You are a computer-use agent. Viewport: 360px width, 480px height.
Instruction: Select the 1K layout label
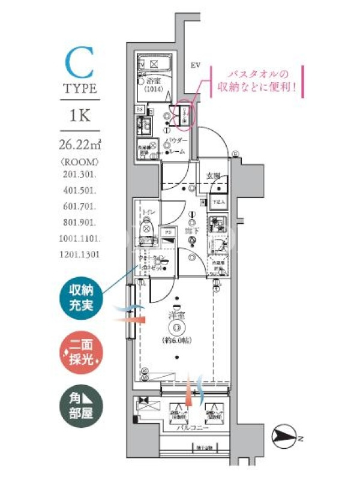(x=79, y=115)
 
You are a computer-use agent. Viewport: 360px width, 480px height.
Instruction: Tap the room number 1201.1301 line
(x=80, y=254)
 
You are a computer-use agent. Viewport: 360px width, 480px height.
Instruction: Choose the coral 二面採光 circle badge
(x=80, y=352)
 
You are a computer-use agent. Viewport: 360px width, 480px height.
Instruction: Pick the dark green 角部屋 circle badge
(x=80, y=404)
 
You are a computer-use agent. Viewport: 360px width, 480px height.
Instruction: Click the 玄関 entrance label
(x=214, y=176)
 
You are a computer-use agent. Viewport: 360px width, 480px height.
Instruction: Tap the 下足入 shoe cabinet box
(x=217, y=203)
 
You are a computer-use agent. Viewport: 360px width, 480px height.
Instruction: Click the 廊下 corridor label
(x=192, y=229)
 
